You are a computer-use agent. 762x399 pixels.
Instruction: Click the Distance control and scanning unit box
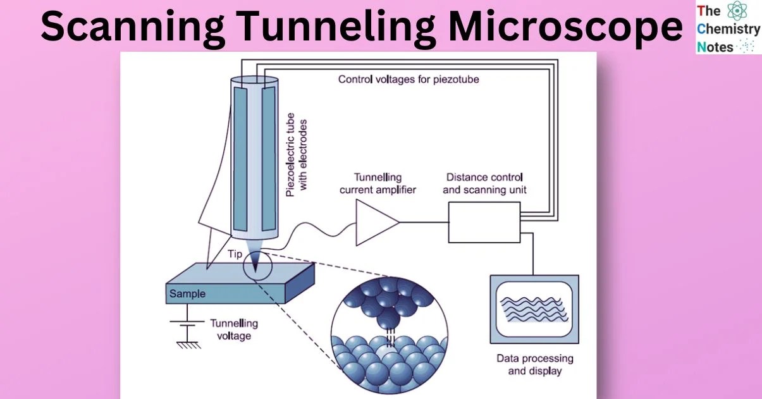(x=484, y=222)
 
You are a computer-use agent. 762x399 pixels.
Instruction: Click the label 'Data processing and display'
(x=534, y=364)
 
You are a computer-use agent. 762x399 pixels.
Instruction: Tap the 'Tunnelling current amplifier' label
(x=378, y=183)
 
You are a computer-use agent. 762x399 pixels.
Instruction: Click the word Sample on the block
(x=187, y=293)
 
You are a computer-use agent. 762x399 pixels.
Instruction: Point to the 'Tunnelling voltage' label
(x=234, y=329)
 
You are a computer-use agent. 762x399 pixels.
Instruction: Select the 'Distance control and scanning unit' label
(x=484, y=183)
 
